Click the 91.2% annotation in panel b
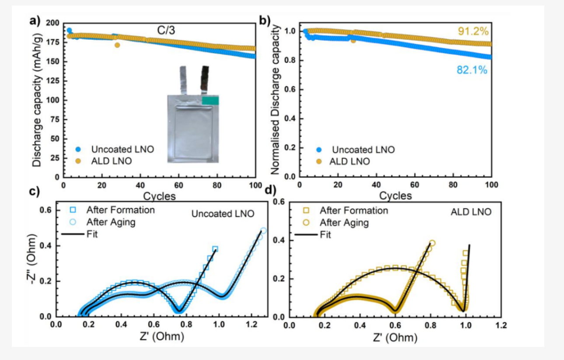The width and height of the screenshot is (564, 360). pos(473,31)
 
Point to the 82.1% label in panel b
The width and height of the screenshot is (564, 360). pos(472,70)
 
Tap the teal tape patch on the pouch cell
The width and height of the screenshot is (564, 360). pos(210,100)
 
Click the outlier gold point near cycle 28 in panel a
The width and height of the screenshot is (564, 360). pos(117,45)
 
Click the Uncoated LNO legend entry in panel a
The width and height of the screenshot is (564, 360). pos(116,149)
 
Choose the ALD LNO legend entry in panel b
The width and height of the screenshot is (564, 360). pos(349,162)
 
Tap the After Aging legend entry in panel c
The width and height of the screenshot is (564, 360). pos(111,222)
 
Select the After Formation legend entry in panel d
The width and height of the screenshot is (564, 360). pos(353,211)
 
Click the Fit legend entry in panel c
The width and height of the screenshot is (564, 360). pos(92,235)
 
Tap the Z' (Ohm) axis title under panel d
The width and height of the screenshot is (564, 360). pos(395,338)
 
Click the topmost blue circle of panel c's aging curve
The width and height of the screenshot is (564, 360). pos(263,231)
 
